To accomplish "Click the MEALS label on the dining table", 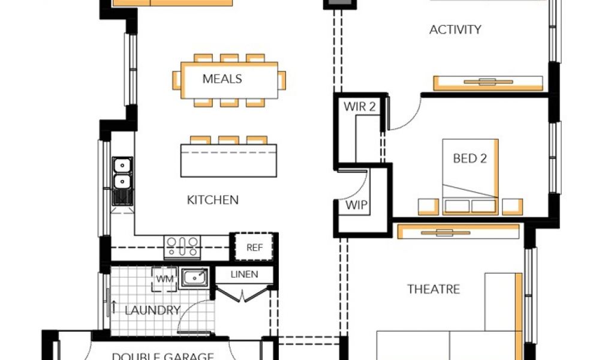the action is click(222, 79).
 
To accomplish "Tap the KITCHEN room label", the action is click(213, 200).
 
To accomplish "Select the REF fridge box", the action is click(254, 247).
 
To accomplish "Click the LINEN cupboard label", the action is click(245, 274).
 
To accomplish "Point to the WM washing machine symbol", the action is click(164, 279).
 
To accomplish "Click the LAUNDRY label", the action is click(152, 310).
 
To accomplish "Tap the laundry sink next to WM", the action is click(194, 278).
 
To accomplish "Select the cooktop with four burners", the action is click(182, 247).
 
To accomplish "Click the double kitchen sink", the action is click(122, 181).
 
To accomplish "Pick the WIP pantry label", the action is click(356, 205).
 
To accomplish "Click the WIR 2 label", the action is click(360, 107).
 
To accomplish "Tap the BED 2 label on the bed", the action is click(470, 158).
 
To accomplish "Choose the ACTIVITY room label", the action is click(455, 29).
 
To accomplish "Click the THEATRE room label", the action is click(434, 289).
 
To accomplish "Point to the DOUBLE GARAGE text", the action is click(163, 356).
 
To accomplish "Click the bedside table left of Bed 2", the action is click(428, 207).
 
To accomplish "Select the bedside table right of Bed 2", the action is click(512, 207).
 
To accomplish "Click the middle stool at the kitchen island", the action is click(228, 140).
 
